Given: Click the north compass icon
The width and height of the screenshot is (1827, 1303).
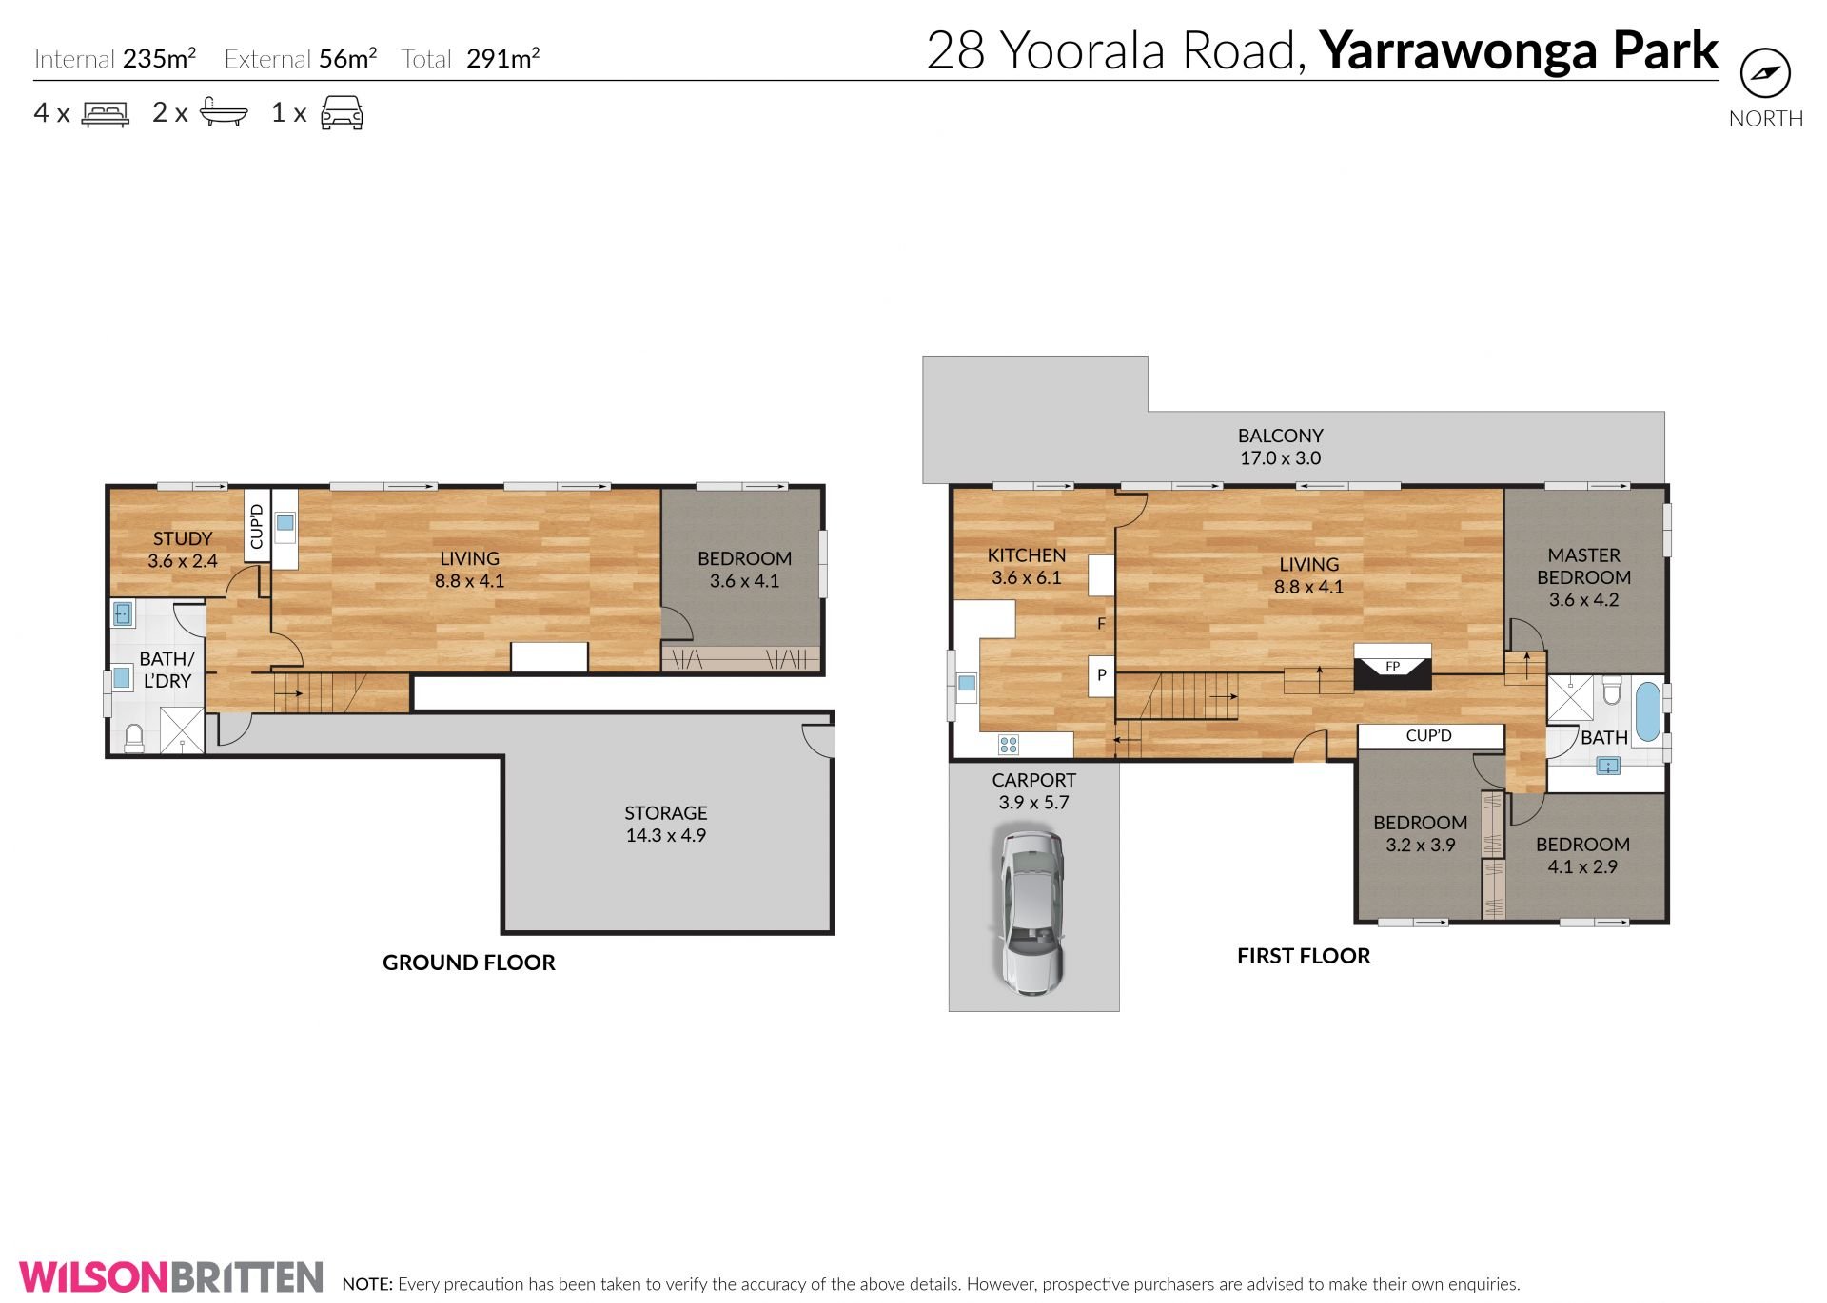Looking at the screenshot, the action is pos(1765,73).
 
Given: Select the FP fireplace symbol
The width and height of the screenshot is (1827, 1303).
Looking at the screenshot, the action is pos(1392,666).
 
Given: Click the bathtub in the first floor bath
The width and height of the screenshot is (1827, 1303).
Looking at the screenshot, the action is pos(1647,710).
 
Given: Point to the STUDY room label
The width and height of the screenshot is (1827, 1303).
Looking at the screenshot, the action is pos(183,539).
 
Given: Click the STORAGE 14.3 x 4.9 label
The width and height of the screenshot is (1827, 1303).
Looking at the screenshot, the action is pos(666,824).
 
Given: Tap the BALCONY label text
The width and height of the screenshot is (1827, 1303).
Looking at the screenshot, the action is pos(1280,436).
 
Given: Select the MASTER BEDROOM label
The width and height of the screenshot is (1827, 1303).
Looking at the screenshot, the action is pos(1583,566).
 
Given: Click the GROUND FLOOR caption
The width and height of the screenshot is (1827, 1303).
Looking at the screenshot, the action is pos(469,963).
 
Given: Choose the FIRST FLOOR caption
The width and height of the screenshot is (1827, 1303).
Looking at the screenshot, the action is pos(1304,957).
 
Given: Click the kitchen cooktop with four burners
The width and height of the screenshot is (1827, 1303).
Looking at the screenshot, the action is pos(1008,745).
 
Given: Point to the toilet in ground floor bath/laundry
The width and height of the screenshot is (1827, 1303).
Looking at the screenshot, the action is pos(134,738).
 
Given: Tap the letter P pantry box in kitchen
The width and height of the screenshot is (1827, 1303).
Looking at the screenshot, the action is pos(1101,675).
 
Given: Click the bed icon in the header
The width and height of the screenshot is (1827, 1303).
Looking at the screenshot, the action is pos(106,114).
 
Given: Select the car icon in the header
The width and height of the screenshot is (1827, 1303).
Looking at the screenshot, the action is pos(342,112).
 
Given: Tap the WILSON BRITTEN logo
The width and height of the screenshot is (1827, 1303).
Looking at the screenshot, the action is pos(171,1276).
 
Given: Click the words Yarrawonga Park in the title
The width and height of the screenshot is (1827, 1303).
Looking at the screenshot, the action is pos(1519,50).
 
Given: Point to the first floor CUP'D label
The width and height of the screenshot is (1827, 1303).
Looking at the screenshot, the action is pos(1428,735).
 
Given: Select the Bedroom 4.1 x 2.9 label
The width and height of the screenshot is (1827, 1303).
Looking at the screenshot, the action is pos(1582,855).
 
